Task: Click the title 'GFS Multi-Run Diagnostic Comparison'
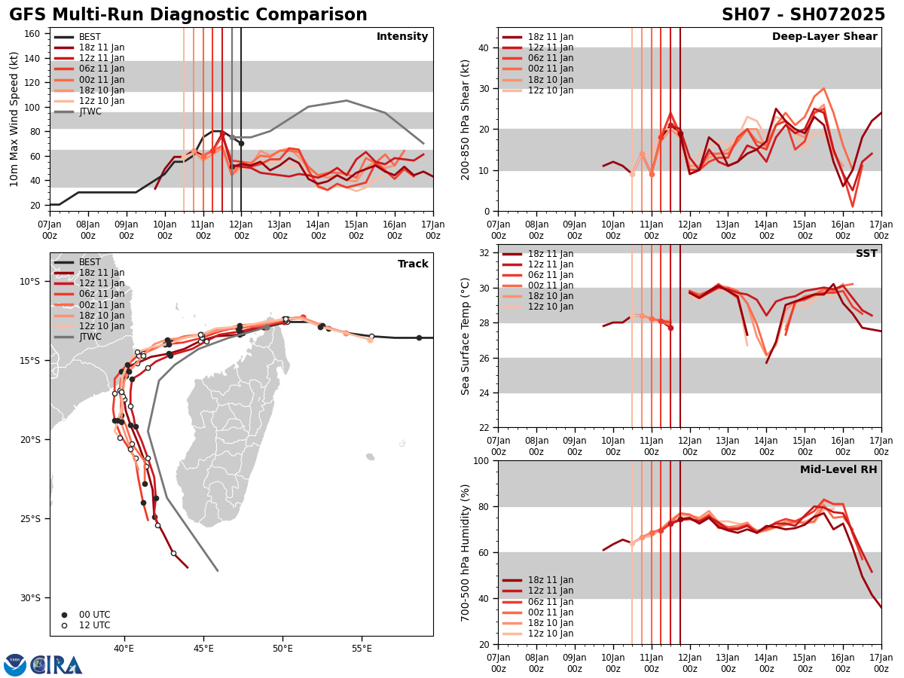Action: point(188,15)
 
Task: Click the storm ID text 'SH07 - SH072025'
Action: point(803,15)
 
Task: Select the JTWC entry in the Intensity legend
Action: point(90,111)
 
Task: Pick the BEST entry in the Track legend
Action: point(90,262)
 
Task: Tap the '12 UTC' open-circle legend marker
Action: point(65,625)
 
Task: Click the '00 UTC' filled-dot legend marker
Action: point(65,615)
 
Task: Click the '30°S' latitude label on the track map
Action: point(30,598)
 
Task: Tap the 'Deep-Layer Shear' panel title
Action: point(824,37)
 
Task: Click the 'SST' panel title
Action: point(866,254)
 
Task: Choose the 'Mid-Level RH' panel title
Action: point(838,470)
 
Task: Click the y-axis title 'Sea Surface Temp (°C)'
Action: point(466,336)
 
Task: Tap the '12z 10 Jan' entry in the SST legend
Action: point(551,307)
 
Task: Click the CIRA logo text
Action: point(56,665)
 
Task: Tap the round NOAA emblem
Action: point(15,665)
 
